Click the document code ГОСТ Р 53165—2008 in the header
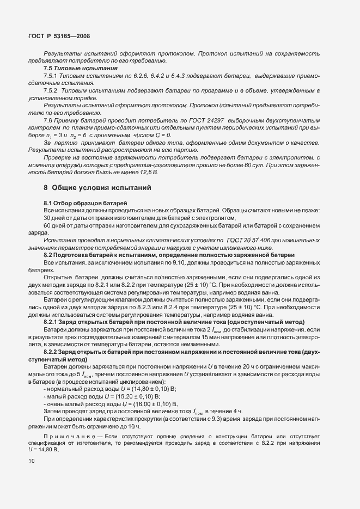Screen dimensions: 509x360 click(x=58, y=36)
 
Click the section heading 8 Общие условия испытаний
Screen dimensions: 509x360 click(x=97, y=187)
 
